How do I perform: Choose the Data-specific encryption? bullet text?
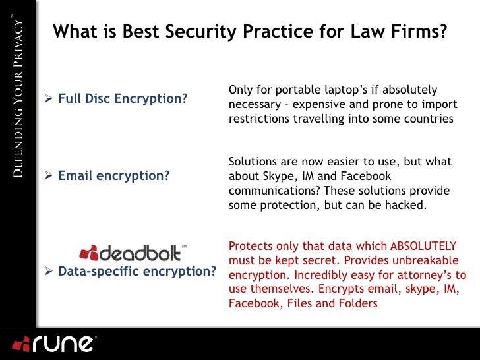point(138,272)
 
